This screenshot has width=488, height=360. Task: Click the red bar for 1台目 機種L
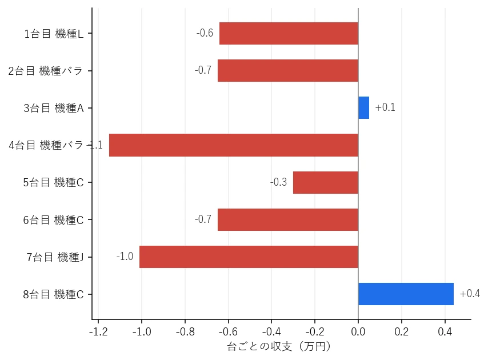pyautogui.click(x=289, y=33)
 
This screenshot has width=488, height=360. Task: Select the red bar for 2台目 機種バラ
pyautogui.click(x=288, y=71)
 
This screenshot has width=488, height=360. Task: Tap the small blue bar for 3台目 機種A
pyautogui.click(x=363, y=107)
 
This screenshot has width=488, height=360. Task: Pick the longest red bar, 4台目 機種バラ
pyautogui.click(x=234, y=145)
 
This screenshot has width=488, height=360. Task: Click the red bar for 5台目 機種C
pyautogui.click(x=326, y=182)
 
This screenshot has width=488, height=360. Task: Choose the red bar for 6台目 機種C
pyautogui.click(x=288, y=219)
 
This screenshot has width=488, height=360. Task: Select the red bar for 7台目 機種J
pyautogui.click(x=249, y=257)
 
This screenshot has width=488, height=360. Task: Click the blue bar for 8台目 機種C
pyautogui.click(x=406, y=294)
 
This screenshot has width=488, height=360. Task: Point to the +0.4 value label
pyautogui.click(x=470, y=293)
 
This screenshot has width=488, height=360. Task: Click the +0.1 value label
pyautogui.click(x=385, y=107)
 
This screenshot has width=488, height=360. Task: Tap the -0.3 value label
pyautogui.click(x=278, y=182)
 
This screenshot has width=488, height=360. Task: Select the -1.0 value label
pyautogui.click(x=125, y=257)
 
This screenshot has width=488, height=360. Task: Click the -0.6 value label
pyautogui.click(x=205, y=33)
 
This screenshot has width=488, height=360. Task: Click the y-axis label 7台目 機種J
pyautogui.click(x=55, y=257)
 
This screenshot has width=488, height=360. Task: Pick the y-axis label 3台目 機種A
pyautogui.click(x=54, y=108)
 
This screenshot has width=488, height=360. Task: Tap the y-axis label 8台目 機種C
pyautogui.click(x=53, y=294)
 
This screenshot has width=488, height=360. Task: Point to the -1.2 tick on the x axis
pyautogui.click(x=98, y=331)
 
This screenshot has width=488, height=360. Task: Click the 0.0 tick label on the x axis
pyautogui.click(x=358, y=331)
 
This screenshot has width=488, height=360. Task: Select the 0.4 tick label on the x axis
pyautogui.click(x=445, y=331)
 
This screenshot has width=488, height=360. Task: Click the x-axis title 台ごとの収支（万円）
pyautogui.click(x=279, y=346)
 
